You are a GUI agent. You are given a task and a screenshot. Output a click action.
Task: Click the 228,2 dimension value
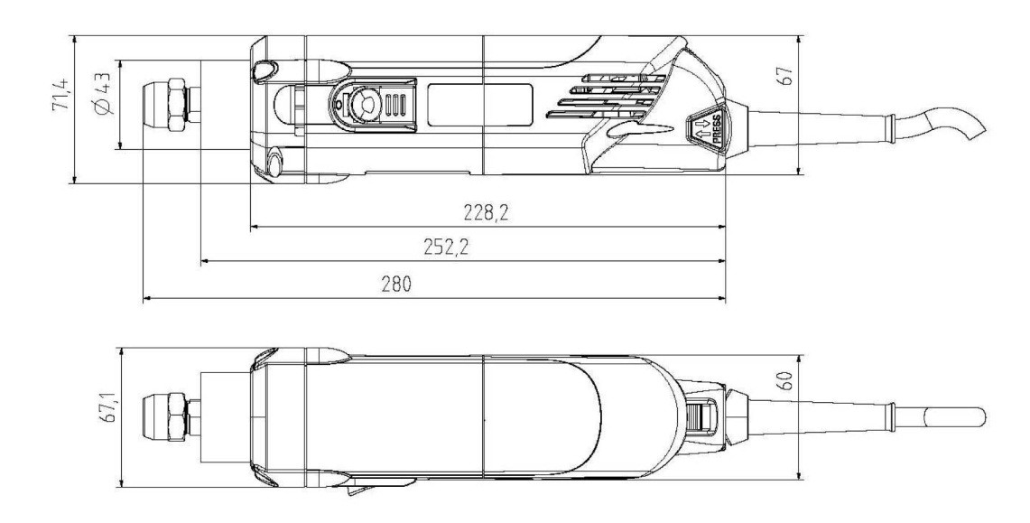pos(486,212)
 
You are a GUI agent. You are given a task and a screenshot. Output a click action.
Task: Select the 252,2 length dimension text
pos(447,247)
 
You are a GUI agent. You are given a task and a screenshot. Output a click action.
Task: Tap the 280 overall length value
pos(396,284)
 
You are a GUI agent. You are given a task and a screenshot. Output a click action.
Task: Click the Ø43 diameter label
pos(104,94)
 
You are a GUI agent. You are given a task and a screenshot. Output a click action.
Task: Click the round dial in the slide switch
pos(363,104)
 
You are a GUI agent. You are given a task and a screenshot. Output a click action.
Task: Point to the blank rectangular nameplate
pos(479,105)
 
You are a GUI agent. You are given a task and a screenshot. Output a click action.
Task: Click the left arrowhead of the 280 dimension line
pos(147,299)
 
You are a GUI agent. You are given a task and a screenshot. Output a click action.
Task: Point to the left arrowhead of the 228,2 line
pos(255,228)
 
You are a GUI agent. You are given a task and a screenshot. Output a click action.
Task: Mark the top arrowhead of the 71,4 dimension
pos(74,40)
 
